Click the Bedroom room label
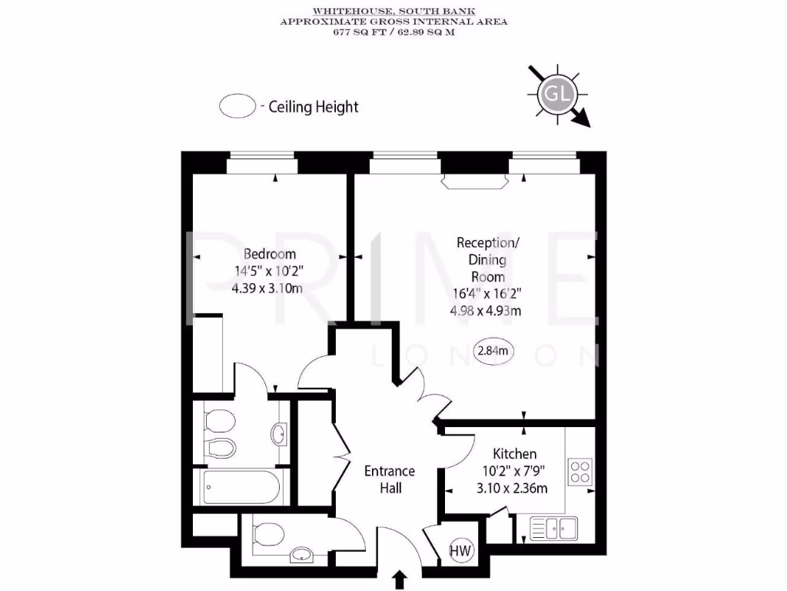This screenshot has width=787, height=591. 270,254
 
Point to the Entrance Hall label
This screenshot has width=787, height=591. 390,479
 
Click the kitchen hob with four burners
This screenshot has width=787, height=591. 579,471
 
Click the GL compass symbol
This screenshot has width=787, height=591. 557,95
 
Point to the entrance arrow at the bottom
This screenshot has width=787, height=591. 400,579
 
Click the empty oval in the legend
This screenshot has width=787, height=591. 237,107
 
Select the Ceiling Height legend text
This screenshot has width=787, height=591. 314,107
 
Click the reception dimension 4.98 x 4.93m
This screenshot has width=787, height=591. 485,311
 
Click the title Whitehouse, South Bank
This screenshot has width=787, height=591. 393,12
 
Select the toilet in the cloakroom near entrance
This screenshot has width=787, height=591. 267,532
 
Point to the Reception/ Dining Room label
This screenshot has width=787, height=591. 487,259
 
